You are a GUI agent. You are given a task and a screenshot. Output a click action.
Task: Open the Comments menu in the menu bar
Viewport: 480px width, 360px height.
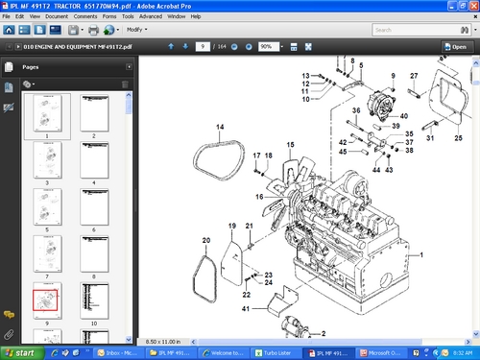coord(81,17)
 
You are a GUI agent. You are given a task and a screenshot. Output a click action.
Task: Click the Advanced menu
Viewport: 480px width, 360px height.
coord(150,17)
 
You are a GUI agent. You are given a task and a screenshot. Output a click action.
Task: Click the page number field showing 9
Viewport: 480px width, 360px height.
coord(204,46)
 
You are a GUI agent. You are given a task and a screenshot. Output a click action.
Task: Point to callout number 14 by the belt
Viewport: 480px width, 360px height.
coord(219,128)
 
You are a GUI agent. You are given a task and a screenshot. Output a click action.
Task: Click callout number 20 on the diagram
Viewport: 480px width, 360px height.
coord(205,240)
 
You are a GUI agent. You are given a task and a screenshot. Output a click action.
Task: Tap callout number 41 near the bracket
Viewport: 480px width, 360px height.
coord(246,308)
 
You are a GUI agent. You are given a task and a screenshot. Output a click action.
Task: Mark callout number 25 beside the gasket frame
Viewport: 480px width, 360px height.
coord(458,138)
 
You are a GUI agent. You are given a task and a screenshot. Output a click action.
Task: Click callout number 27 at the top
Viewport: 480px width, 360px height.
coord(414,76)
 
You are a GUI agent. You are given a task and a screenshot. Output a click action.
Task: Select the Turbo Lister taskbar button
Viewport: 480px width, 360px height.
coord(276,352)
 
